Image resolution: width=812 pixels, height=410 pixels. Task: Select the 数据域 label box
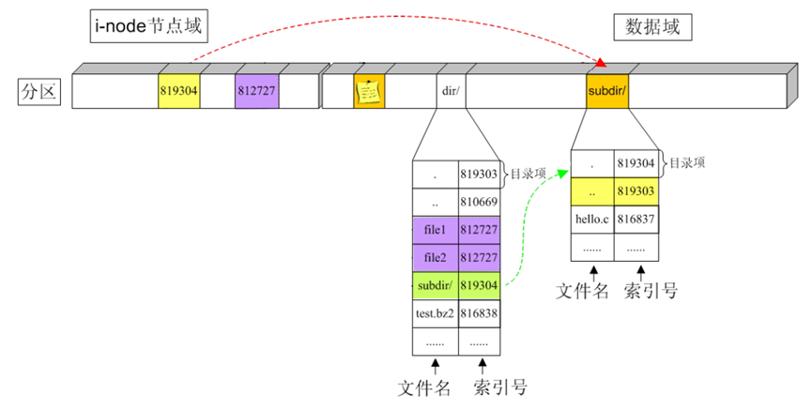(652, 28)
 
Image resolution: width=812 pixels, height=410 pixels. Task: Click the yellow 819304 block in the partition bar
(179, 93)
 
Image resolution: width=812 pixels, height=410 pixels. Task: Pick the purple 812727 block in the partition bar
(256, 93)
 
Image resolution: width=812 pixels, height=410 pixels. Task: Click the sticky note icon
(369, 92)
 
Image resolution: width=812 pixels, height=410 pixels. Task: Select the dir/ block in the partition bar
(449, 93)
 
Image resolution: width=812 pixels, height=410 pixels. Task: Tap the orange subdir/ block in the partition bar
(607, 93)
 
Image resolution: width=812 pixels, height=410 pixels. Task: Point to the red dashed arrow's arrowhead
(602, 64)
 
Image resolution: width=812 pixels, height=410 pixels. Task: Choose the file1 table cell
(435, 229)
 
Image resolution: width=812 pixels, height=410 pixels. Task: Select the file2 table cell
(435, 257)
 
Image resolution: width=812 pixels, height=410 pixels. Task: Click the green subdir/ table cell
(435, 285)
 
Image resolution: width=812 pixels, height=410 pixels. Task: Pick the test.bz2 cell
(435, 313)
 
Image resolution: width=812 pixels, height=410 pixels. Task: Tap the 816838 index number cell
(479, 313)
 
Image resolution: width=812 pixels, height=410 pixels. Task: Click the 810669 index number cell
(479, 201)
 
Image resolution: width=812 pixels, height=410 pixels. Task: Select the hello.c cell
(592, 219)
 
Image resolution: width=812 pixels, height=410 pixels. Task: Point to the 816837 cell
(636, 219)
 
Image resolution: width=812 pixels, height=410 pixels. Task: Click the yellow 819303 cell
(636, 191)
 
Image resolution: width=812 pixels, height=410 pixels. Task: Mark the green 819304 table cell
(479, 285)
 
